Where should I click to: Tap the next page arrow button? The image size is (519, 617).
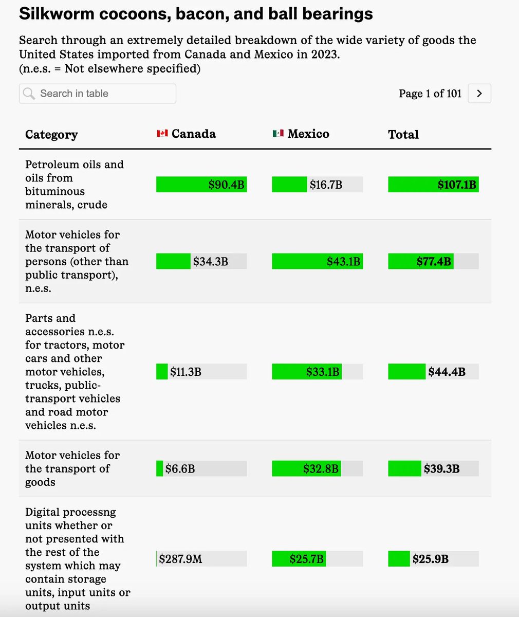pyautogui.click(x=479, y=94)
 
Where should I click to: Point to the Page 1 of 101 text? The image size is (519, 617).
pyautogui.click(x=430, y=94)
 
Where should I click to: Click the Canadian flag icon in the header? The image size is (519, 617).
pyautogui.click(x=162, y=134)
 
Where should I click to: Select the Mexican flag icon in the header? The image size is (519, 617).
pyautogui.click(x=278, y=134)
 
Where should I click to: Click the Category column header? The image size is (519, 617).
pyautogui.click(x=51, y=135)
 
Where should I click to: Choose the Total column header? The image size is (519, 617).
pyautogui.click(x=403, y=135)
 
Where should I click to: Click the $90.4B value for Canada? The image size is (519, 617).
pyautogui.click(x=226, y=185)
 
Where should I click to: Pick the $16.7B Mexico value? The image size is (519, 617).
pyautogui.click(x=326, y=185)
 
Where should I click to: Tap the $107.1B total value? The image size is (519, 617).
pyautogui.click(x=456, y=185)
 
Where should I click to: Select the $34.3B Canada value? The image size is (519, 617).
pyautogui.click(x=211, y=262)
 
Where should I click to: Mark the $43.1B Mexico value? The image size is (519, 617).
pyautogui.click(x=343, y=262)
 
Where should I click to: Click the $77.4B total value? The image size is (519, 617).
pyautogui.click(x=434, y=262)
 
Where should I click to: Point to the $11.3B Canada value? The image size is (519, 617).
pyautogui.click(x=186, y=372)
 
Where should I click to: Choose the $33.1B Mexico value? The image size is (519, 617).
pyautogui.click(x=323, y=372)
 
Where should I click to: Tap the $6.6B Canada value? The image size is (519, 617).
pyautogui.click(x=180, y=469)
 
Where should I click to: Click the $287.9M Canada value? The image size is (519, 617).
pyautogui.click(x=180, y=559)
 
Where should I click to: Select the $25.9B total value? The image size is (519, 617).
pyautogui.click(x=430, y=559)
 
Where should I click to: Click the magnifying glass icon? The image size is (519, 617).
pyautogui.click(x=29, y=94)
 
